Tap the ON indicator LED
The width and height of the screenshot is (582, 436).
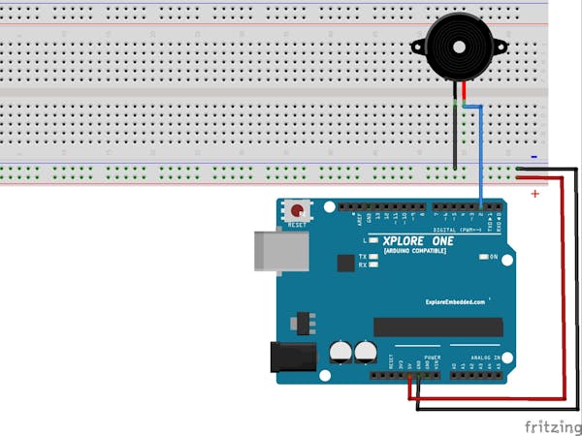tap(483, 257)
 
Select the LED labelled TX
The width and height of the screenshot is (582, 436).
tap(373, 256)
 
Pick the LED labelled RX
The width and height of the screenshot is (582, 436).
tap(373, 265)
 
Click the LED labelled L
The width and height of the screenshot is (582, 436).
tap(373, 239)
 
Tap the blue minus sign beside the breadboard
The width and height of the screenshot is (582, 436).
tap(533, 157)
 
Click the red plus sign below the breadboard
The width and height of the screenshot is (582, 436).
tap(534, 194)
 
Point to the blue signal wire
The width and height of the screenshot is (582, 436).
tap(482, 155)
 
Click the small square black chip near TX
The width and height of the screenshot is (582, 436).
tap(345, 263)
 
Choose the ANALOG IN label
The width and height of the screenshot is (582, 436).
tap(486, 358)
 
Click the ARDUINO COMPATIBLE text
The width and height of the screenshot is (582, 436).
tap(415, 251)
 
